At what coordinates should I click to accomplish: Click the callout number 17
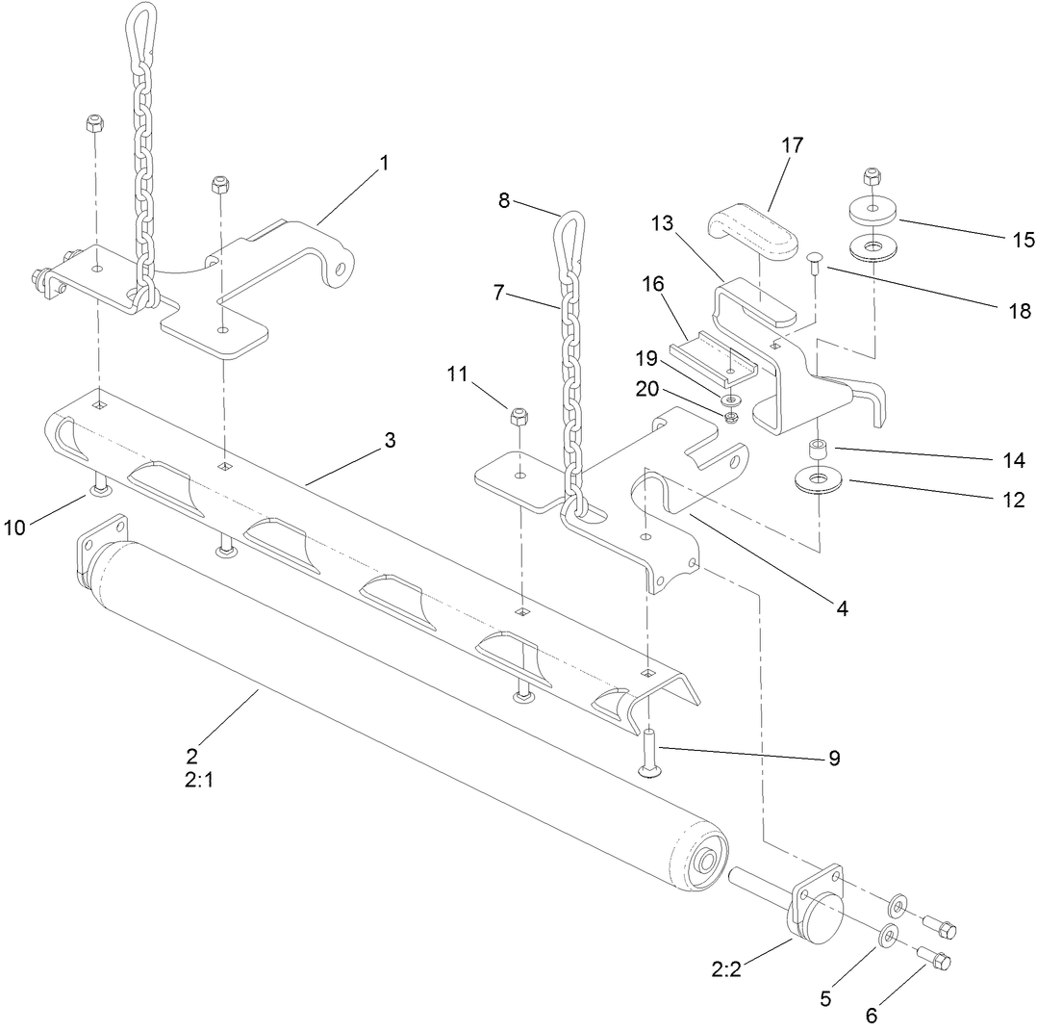[793, 145]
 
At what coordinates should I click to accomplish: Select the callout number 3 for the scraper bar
[390, 440]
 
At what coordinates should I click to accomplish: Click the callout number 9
[833, 758]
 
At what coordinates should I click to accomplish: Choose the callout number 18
[1020, 311]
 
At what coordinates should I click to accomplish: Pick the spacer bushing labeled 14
[818, 450]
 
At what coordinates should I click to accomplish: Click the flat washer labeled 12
[818, 478]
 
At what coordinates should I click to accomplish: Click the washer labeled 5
[887, 936]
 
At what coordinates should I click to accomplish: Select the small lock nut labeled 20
[730, 417]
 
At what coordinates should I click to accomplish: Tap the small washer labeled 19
[730, 399]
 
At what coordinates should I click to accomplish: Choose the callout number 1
[385, 163]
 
